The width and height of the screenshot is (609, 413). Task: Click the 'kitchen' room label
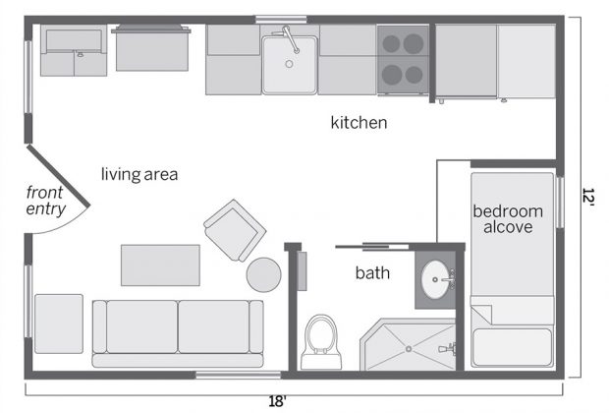coord(359,123)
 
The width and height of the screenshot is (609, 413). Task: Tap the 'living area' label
coord(139,174)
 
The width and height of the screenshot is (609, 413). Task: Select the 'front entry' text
coord(45,201)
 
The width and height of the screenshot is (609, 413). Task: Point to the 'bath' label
coord(372,273)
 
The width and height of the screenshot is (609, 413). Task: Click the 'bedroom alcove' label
coord(508,219)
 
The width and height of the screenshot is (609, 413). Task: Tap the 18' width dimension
coord(278,401)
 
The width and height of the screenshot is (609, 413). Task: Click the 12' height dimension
coord(588,198)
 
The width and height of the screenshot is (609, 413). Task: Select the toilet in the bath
coord(321,342)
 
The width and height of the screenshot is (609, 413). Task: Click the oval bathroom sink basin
coord(434,279)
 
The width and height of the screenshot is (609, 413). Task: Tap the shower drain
coord(409,349)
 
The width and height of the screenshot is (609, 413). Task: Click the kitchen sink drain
coord(289,64)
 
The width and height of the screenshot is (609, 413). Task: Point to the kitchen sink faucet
coord(290,39)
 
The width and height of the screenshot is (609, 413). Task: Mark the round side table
coord(263,274)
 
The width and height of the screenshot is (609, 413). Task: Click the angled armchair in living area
coord(235,231)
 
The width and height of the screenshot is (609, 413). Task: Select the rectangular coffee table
coord(160,265)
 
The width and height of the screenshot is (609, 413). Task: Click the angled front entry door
coord(58,175)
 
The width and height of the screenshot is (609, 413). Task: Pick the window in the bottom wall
coord(238,375)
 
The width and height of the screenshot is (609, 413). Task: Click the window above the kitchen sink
coord(281,20)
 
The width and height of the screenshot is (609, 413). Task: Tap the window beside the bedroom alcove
coord(560,203)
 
